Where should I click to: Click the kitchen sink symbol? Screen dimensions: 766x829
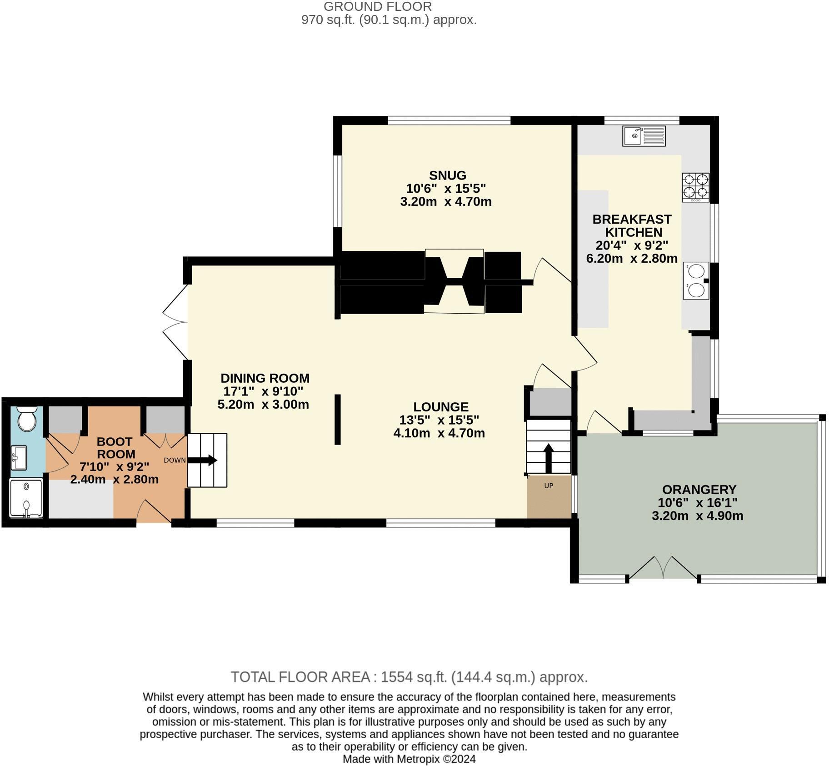click(x=644, y=136)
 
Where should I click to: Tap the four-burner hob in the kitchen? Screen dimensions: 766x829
click(x=695, y=187)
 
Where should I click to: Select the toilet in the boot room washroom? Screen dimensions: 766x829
click(x=27, y=419)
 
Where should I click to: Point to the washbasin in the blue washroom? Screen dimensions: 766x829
click(x=19, y=457)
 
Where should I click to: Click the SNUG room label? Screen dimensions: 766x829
click(x=447, y=175)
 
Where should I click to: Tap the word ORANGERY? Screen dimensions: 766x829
click(x=699, y=490)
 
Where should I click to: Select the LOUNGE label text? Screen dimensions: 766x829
click(x=440, y=407)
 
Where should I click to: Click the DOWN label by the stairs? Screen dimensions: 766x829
click(x=175, y=460)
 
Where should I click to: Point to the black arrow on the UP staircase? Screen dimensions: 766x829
click(x=548, y=458)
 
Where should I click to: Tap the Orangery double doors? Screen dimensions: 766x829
click(x=663, y=568)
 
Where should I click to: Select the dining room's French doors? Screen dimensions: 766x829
click(x=176, y=322)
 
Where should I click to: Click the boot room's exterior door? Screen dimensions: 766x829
click(x=154, y=512)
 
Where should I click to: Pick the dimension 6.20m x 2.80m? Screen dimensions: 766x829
click(x=631, y=258)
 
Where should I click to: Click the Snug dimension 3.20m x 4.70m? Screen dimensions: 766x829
click(x=445, y=201)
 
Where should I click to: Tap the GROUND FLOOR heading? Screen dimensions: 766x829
click(x=377, y=6)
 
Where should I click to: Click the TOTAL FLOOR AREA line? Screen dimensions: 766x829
click(x=409, y=677)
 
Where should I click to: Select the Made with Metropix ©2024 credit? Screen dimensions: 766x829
click(x=409, y=759)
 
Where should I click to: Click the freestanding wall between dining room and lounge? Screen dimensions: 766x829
click(x=337, y=419)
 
